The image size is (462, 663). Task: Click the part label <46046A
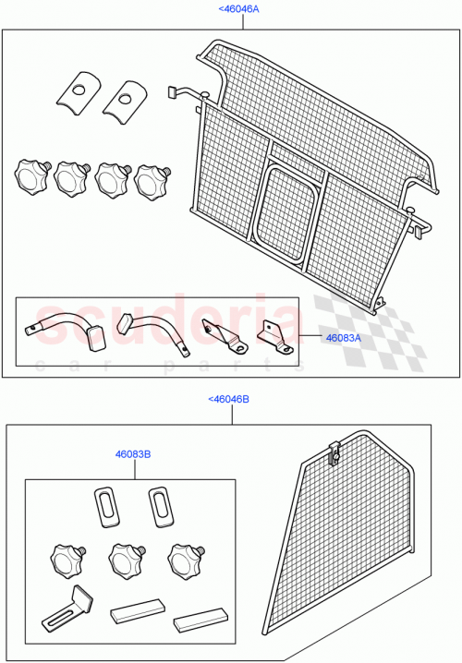[238, 8]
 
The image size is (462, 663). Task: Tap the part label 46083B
[133, 454]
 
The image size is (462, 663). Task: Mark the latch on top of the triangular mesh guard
[335, 452]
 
